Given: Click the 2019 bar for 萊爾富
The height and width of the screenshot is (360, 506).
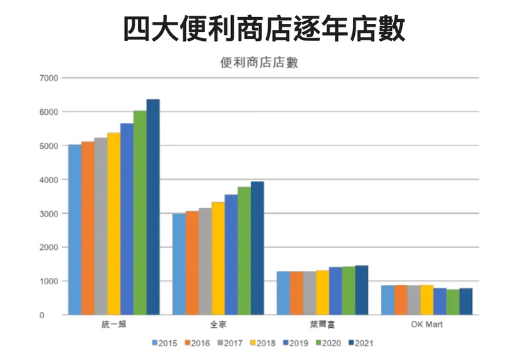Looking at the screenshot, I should click(x=336, y=291).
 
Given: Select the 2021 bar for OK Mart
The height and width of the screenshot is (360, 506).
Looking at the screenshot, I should click(x=466, y=301).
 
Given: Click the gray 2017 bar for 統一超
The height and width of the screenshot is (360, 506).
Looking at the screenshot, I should click(x=101, y=226).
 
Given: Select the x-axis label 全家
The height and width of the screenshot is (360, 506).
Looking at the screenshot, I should click(x=218, y=324).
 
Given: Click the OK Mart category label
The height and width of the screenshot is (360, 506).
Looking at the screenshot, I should click(x=427, y=324).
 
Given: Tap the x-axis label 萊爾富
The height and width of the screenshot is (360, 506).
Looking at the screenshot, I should click(x=322, y=324).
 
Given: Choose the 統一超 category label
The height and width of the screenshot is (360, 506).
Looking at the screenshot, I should click(x=114, y=324).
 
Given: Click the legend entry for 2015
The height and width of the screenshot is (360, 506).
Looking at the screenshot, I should click(x=164, y=342).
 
